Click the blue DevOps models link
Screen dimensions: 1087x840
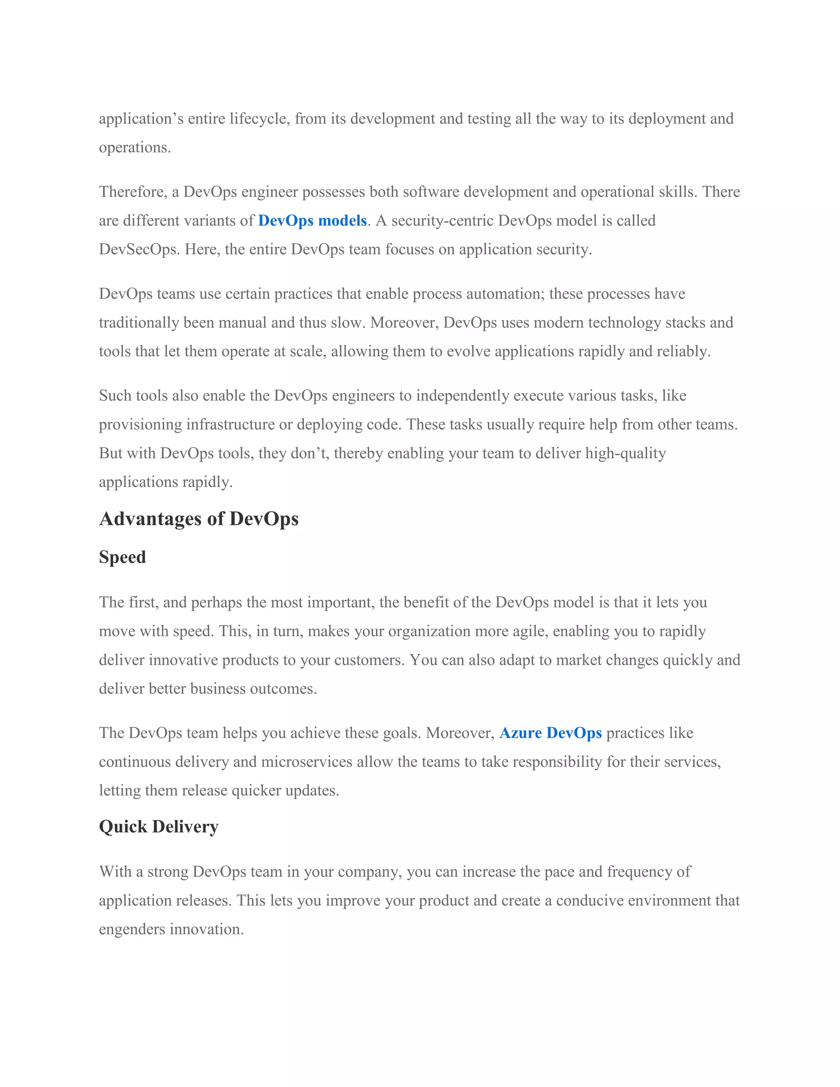[x=312, y=221]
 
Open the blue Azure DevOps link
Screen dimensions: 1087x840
[x=550, y=733]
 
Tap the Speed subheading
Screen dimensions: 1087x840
[x=122, y=557]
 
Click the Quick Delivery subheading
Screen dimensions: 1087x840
[x=159, y=827]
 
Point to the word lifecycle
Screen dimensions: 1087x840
[x=259, y=119]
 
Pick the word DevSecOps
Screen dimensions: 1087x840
[x=139, y=249]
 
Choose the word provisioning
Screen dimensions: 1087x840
[x=140, y=425]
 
